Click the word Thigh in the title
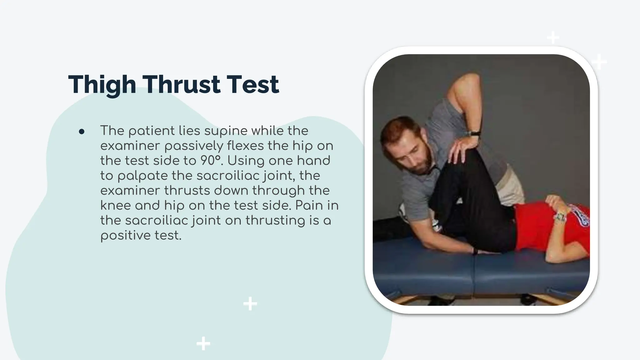point(102,85)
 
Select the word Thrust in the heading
point(182,85)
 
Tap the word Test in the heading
point(252,85)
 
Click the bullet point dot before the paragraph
point(82,132)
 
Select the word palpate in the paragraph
point(143,176)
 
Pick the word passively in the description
point(194,146)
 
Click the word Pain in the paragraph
point(309,206)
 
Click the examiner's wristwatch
point(475,133)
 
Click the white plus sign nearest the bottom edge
point(203,343)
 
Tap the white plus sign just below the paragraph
point(250,303)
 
